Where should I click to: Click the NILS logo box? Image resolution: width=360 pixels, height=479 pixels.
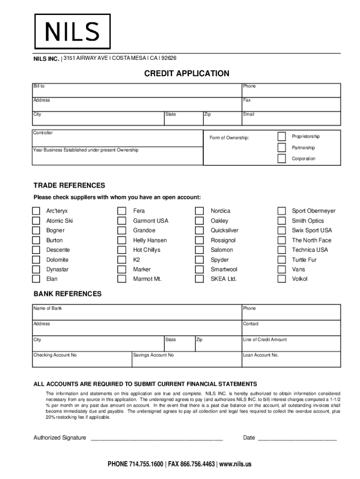pyautogui.click(x=72, y=31)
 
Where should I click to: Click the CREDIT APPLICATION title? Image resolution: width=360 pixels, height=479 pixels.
pyautogui.click(x=187, y=73)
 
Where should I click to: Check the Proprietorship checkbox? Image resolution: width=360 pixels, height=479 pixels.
pyautogui.click(x=281, y=137)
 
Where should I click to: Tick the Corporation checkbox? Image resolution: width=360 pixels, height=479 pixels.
pyautogui.click(x=281, y=159)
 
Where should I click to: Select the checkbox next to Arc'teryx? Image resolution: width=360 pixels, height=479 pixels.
pyautogui.click(x=36, y=211)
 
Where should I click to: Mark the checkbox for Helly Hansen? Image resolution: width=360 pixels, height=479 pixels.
pyautogui.click(x=122, y=240)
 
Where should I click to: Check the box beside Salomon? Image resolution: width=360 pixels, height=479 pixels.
pyautogui.click(x=200, y=250)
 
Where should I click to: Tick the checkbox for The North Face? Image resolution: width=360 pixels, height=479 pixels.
pyautogui.click(x=281, y=240)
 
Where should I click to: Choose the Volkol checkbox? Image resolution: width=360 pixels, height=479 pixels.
pyautogui.click(x=281, y=279)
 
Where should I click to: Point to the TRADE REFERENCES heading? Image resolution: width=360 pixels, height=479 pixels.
pyautogui.click(x=69, y=186)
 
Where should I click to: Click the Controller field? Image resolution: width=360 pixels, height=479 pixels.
pyautogui.click(x=117, y=138)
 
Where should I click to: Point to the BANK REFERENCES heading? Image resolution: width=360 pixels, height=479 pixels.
pyautogui.click(x=67, y=294)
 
